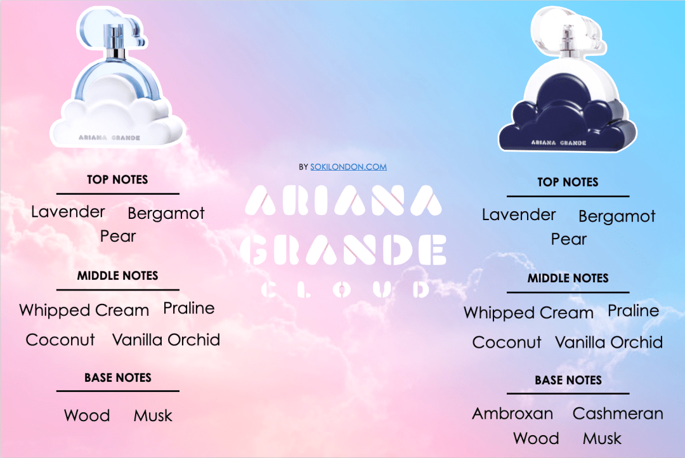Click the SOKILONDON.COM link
pyautogui.click(x=348, y=167)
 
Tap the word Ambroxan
pyautogui.click(x=512, y=414)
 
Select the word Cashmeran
pyautogui.click(x=618, y=414)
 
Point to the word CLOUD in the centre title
pyautogui.click(x=346, y=290)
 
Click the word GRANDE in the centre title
pyautogui.click(x=346, y=250)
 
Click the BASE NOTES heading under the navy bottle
pyautogui.click(x=568, y=381)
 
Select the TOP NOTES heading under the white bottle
pyautogui.click(x=117, y=180)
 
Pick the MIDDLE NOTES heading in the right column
pyautogui.click(x=568, y=278)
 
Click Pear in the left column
pyautogui.click(x=118, y=237)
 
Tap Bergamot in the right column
pyautogui.click(x=617, y=216)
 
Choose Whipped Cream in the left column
pyautogui.click(x=84, y=310)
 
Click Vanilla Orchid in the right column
pyautogui.click(x=609, y=343)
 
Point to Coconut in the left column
pyautogui.click(x=60, y=340)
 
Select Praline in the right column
pyautogui.click(x=633, y=311)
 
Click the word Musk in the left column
pyautogui.click(x=153, y=416)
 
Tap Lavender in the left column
pyautogui.click(x=68, y=211)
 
